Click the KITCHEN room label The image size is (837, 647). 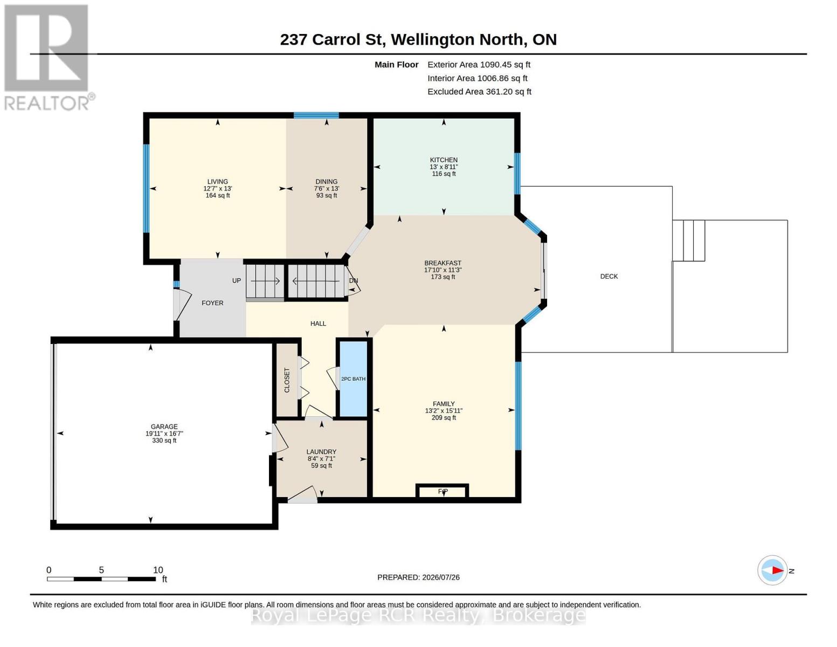tap(444, 160)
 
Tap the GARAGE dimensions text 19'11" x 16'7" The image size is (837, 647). tap(164, 433)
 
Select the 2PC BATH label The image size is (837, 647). tap(353, 379)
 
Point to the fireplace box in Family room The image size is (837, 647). tap(442, 491)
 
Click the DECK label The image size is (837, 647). tap(609, 276)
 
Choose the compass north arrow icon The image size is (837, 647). tap(772, 570)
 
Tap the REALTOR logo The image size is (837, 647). tap(47, 58)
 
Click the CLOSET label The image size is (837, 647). tap(287, 380)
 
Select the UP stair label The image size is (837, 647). tap(237, 280)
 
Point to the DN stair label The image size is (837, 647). tap(353, 280)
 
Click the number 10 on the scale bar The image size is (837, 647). tap(158, 570)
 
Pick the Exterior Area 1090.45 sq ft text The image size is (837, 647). tap(479, 65)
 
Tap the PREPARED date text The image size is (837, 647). tap(418, 577)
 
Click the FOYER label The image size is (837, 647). tap(212, 303)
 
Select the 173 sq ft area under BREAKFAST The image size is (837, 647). tap(443, 277)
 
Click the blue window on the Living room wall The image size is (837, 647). tap(147, 188)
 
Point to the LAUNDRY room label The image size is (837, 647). tap(321, 452)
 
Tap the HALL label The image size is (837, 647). tap(318, 323)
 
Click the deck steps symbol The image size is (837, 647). tap(689, 240)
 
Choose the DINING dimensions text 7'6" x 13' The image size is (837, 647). tap(327, 188)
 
